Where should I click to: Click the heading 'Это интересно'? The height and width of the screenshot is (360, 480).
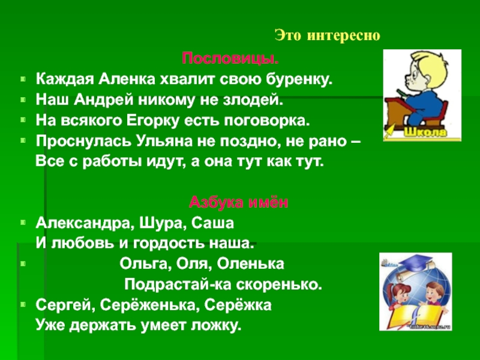coord(328,35)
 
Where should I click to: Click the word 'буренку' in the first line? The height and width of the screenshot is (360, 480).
coord(298,78)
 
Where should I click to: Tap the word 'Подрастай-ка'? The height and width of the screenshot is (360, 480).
coord(172,284)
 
